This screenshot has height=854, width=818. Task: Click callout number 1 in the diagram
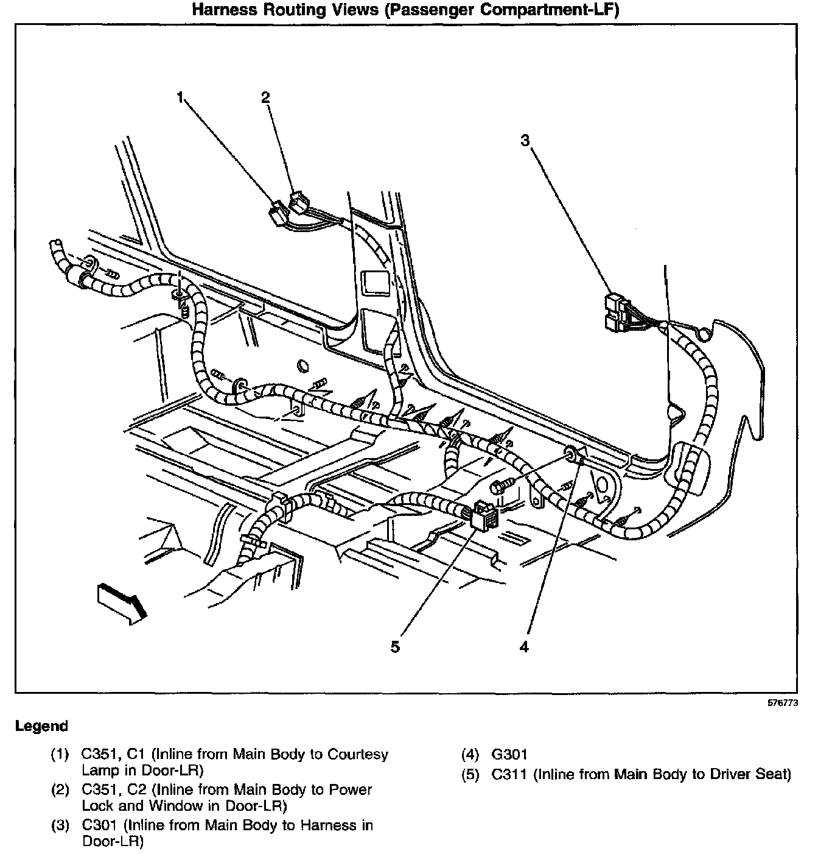pyautogui.click(x=180, y=97)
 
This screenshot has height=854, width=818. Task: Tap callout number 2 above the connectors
pyautogui.click(x=265, y=97)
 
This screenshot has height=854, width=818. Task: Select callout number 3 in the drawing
pyautogui.click(x=525, y=141)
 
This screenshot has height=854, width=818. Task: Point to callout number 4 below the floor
pyautogui.click(x=524, y=647)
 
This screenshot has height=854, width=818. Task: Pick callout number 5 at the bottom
pyautogui.click(x=396, y=647)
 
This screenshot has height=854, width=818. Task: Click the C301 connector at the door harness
pyautogui.click(x=618, y=311)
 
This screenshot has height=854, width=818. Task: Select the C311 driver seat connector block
pyautogui.click(x=484, y=515)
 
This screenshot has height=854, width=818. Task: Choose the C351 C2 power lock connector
pyautogui.click(x=299, y=201)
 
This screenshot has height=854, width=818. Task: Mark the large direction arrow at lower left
pyautogui.click(x=122, y=602)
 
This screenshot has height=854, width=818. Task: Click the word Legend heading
pyautogui.click(x=42, y=726)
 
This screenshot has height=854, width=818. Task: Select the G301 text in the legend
pyautogui.click(x=509, y=755)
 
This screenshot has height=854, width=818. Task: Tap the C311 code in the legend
pyautogui.click(x=510, y=775)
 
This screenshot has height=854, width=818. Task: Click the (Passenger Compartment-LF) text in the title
pyautogui.click(x=502, y=10)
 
